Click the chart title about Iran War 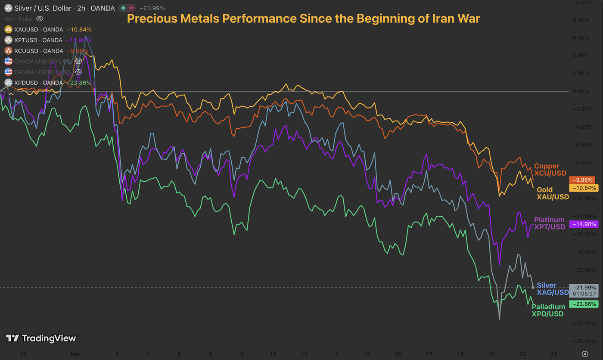(303, 19)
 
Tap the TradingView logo (41, 338)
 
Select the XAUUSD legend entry (38, 29)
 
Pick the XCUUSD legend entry (38, 51)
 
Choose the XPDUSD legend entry (38, 83)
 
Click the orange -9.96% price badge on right (583, 180)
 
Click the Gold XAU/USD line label (553, 193)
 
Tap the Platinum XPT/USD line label (549, 223)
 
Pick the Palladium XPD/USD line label (548, 310)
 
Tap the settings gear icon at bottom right (584, 354)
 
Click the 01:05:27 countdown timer (584, 294)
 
